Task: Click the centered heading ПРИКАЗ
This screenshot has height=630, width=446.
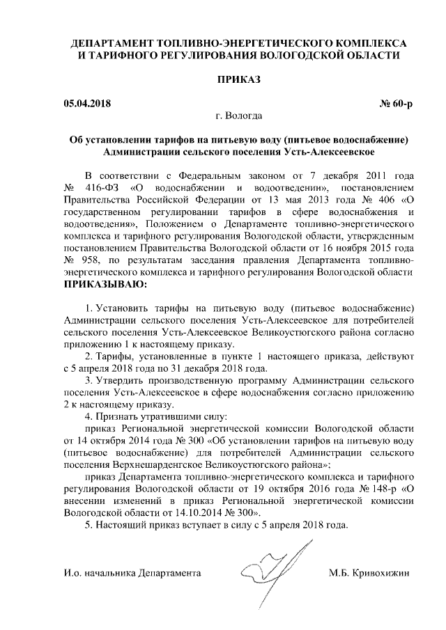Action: coord(241,80)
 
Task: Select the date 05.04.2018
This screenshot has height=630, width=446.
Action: coord(86,104)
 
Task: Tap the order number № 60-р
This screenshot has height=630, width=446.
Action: coord(396,104)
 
